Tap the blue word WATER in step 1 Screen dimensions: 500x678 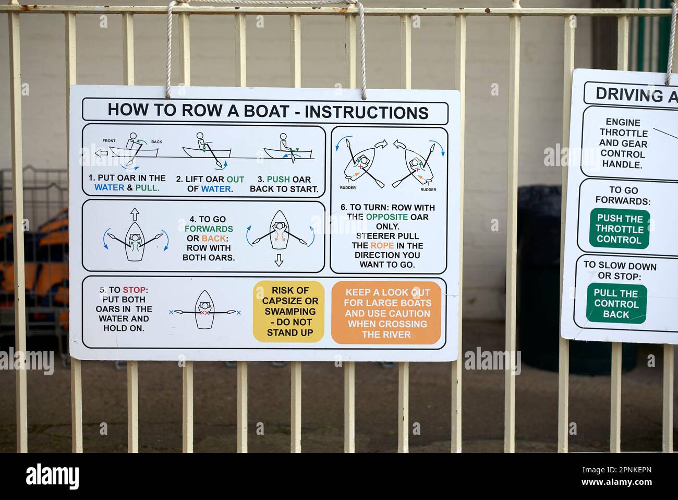[109, 187]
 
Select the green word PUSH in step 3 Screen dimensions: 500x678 [278, 179]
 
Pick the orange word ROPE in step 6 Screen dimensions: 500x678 [382, 245]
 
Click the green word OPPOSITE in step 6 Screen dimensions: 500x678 [386, 217]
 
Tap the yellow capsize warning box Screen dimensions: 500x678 [288, 312]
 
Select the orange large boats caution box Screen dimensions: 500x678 [386, 313]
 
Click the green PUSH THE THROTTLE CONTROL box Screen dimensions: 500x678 [620, 229]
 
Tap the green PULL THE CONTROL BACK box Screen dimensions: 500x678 [616, 304]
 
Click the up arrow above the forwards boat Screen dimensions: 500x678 [135, 214]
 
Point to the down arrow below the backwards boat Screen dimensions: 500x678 [279, 260]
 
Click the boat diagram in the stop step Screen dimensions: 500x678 [204, 310]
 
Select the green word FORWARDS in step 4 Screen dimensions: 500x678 [209, 229]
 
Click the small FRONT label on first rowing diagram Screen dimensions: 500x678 [109, 141]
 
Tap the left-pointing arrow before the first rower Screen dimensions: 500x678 [102, 153]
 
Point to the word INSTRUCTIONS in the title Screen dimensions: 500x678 [366, 112]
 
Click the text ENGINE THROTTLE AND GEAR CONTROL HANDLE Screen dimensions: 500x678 [623, 144]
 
